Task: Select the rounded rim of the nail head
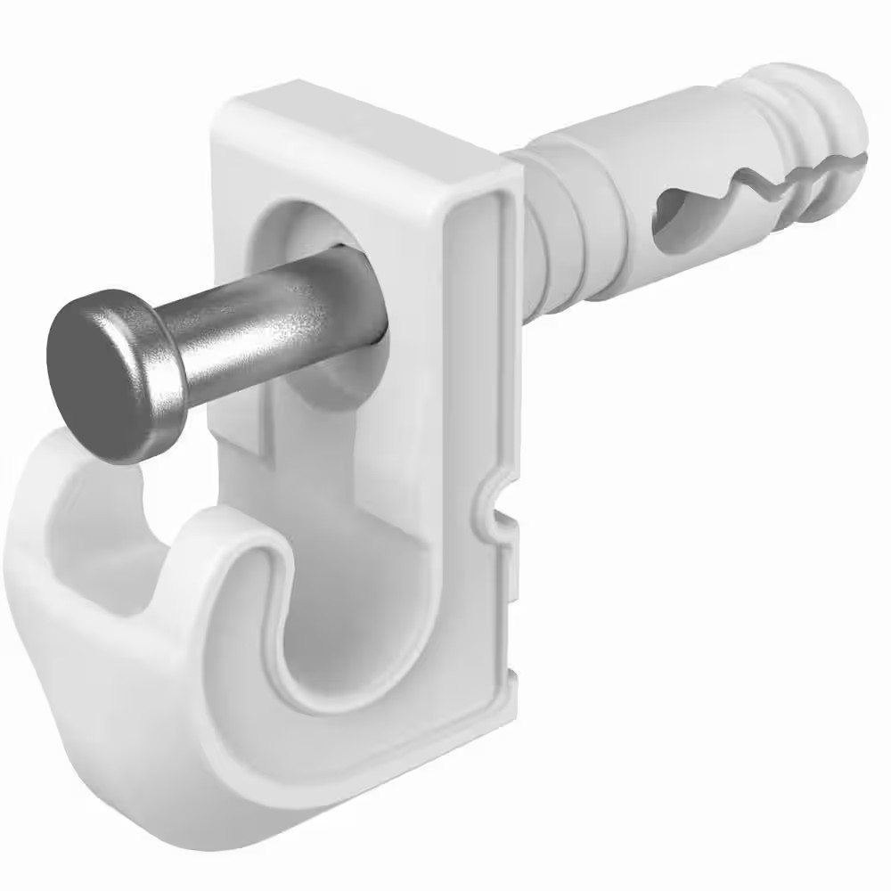pyautogui.click(x=151, y=356)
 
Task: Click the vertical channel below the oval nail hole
pyautogui.click(x=356, y=463)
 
